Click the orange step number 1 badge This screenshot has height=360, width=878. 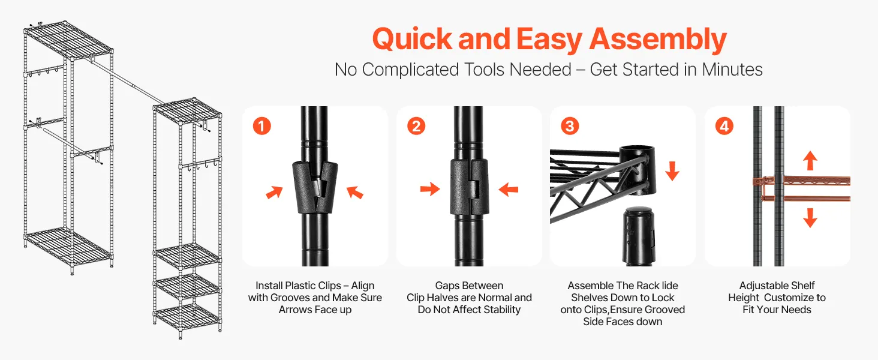[x=262, y=126]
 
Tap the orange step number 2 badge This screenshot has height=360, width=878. [x=416, y=126]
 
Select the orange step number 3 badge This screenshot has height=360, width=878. [x=570, y=126]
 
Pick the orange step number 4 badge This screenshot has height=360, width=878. [x=724, y=126]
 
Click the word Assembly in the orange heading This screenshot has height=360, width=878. [x=658, y=40]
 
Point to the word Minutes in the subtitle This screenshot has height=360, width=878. [x=732, y=70]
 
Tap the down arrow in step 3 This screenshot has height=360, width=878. [x=672, y=171]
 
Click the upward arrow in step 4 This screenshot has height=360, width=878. [x=810, y=160]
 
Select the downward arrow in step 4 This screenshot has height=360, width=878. [x=810, y=218]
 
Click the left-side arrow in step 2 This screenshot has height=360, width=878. [x=430, y=189]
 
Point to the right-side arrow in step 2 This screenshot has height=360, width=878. [x=509, y=190]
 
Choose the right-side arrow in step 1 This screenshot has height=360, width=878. [x=355, y=192]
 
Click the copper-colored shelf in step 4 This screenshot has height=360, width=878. [x=802, y=188]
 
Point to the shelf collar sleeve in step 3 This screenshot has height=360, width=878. [x=638, y=169]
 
